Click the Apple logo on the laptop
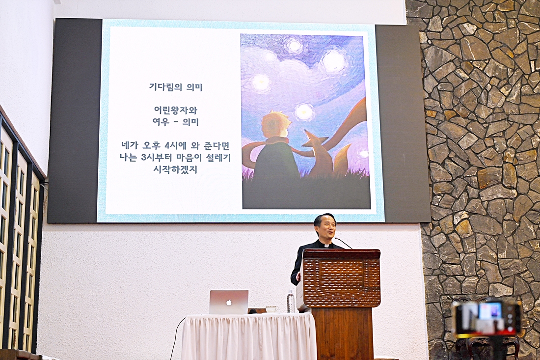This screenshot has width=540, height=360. [x=228, y=303]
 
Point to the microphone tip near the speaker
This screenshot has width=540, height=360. [x=336, y=238]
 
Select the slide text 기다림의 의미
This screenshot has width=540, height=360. [x=176, y=87]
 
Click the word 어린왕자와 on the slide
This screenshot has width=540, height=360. [x=176, y=110]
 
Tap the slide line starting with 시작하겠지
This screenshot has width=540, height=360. [x=176, y=169]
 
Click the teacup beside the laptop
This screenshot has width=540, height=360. [x=272, y=308]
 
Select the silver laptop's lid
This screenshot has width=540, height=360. [x=229, y=302]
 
